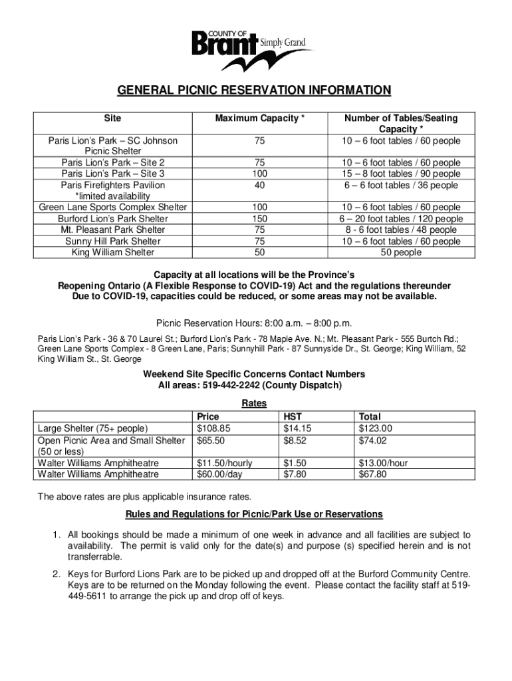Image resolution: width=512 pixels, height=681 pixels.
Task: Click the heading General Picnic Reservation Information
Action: pos(255,90)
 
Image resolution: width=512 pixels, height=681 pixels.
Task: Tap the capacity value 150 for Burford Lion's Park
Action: pos(259,219)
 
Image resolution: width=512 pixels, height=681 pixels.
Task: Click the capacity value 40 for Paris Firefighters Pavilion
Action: pos(259,186)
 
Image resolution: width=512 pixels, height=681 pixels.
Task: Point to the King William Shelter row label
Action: pos(113,253)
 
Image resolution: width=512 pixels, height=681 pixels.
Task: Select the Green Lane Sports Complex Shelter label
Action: pos(113,207)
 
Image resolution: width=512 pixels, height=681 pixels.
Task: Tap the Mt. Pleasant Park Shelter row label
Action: pos(113,230)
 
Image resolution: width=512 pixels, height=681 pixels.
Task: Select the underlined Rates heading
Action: pos(255,404)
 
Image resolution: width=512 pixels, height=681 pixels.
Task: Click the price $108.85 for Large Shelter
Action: pos(213,429)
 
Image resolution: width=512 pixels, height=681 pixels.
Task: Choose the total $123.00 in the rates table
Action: pos(376,429)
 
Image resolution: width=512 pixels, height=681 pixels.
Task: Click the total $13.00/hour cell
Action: pos(383,463)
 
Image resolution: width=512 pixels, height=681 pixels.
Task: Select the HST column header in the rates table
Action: pos(293,418)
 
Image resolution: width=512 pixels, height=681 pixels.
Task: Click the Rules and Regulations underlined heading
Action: pos(254,515)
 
